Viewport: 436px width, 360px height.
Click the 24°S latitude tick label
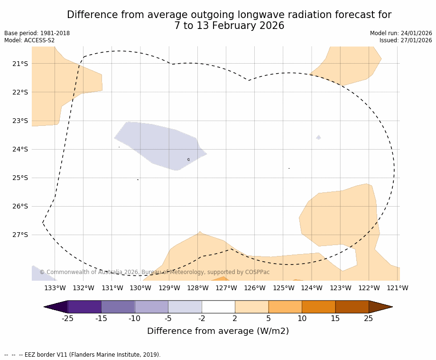tap(20, 149)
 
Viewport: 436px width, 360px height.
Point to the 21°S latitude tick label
tap(20, 64)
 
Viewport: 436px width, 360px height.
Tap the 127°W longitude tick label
tap(226, 288)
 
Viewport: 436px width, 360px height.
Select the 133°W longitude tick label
tap(55, 288)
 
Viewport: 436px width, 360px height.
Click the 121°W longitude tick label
tap(397, 288)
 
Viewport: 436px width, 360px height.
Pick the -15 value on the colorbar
tap(101, 318)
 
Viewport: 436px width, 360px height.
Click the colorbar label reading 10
tap(302, 318)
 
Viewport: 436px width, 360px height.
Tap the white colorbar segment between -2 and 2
tap(218, 307)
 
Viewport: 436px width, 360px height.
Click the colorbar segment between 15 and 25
tap(352, 307)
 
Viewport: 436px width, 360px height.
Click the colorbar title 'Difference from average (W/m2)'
tap(218, 331)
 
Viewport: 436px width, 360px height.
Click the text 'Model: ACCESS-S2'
tap(29, 40)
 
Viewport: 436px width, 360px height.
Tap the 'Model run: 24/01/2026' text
tap(401, 33)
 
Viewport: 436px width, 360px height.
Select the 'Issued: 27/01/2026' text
tap(406, 40)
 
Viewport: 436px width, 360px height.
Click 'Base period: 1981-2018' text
tap(37, 33)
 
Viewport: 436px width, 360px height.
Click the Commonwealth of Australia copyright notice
tap(154, 272)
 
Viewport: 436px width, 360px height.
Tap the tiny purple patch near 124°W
tap(318, 137)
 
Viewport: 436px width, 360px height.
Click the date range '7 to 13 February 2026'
tap(229, 26)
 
